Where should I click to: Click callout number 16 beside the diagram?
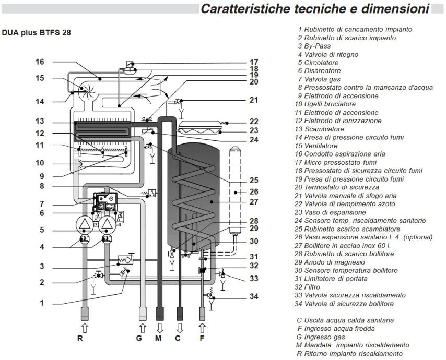(40, 62)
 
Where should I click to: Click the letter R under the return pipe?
(80, 338)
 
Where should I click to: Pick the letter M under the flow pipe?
(161, 338)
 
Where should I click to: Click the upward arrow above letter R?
(80, 327)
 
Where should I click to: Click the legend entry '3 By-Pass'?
(313, 45)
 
